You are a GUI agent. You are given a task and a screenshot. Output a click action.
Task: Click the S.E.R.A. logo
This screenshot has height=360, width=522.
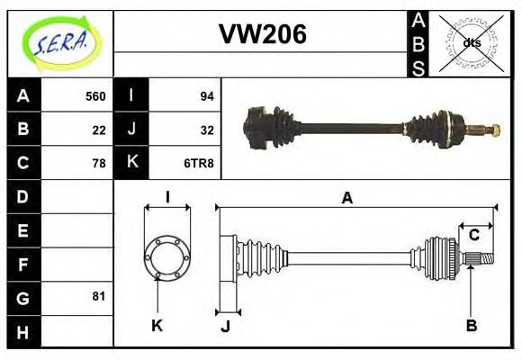[x=60, y=42]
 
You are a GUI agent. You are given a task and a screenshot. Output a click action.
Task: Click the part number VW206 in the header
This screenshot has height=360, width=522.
[x=263, y=34]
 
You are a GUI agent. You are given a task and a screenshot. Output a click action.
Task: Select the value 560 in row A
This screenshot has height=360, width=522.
[x=94, y=96]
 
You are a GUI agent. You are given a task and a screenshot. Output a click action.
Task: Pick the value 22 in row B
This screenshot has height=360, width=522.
[x=98, y=130]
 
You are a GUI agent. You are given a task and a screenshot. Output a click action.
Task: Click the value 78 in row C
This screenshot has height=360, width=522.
[x=98, y=163]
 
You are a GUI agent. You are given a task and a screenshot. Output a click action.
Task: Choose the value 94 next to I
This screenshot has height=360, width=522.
[x=206, y=96]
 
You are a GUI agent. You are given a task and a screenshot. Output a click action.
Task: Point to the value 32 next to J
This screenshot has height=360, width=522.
[x=206, y=130]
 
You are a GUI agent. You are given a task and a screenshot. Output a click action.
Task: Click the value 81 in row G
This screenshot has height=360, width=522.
[x=98, y=296]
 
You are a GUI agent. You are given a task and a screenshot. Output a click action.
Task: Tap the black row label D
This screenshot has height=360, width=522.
[x=22, y=196]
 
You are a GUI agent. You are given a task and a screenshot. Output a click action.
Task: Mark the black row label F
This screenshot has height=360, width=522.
[x=22, y=264]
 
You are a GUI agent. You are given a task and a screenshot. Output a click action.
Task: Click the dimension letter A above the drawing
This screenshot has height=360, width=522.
[x=346, y=198]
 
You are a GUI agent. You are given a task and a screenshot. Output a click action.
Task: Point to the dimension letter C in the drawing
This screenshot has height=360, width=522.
[x=472, y=235]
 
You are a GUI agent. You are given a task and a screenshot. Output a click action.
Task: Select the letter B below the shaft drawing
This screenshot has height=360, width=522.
[x=471, y=325]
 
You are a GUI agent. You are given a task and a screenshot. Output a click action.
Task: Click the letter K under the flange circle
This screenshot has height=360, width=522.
[x=157, y=325]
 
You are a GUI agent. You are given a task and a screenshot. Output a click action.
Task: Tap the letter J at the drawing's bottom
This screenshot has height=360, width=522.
[x=225, y=326]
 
